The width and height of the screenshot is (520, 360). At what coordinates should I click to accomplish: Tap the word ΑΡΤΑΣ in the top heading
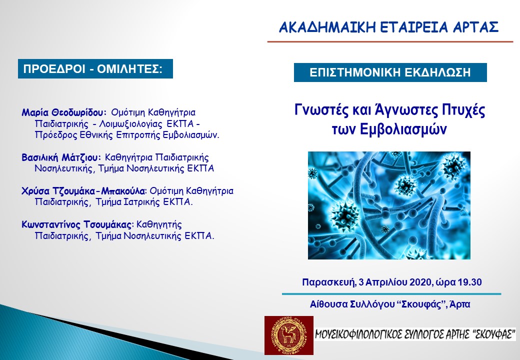click(x=475, y=27)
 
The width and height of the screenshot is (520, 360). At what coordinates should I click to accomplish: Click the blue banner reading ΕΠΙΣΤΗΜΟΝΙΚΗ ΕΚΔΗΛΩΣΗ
click(x=390, y=72)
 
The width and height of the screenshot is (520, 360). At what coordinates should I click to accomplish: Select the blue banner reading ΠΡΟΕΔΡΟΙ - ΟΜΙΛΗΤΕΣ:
click(x=95, y=69)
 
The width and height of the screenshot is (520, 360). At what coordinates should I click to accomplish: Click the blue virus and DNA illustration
click(x=389, y=205)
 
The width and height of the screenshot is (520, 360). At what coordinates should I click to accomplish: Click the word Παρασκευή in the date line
click(x=328, y=283)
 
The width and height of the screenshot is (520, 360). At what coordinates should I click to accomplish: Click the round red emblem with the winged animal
click(x=289, y=335)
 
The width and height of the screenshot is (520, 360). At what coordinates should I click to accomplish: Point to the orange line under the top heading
click(x=390, y=42)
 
